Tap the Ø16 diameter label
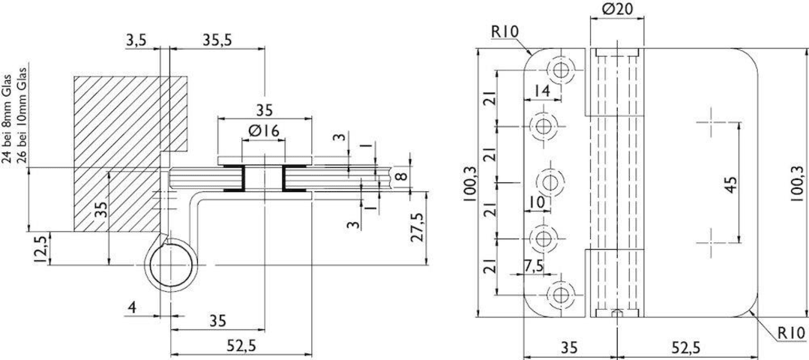[x=263, y=131]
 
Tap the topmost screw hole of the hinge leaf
[x=561, y=70]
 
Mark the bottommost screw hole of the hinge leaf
[x=561, y=295]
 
